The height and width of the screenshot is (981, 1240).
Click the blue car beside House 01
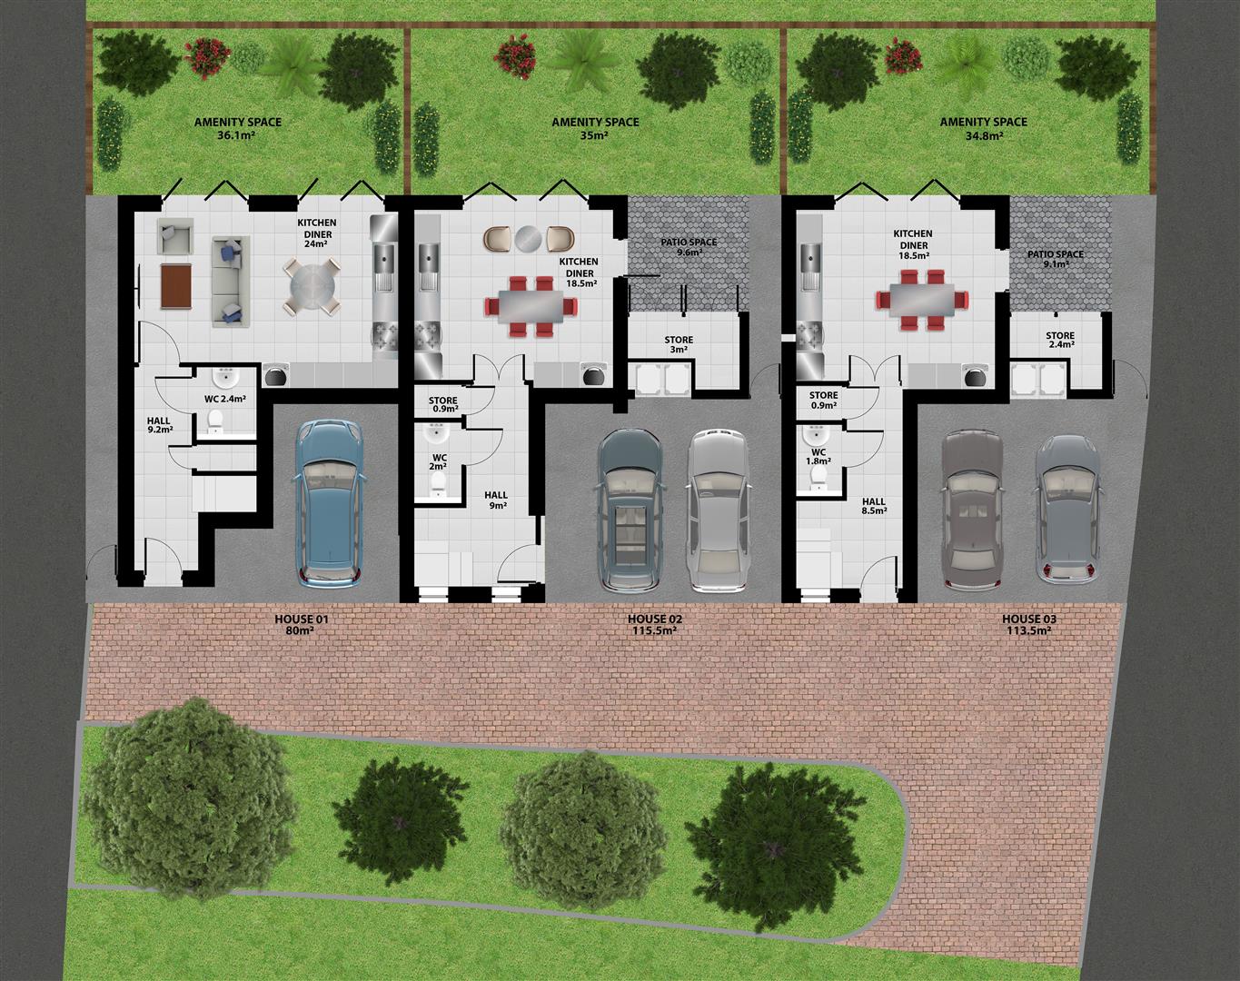tap(330, 501)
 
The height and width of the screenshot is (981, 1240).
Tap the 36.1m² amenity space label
tap(237, 128)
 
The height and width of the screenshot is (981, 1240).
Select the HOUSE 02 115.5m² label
tap(655, 625)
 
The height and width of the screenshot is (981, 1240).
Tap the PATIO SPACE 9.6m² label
tap(689, 247)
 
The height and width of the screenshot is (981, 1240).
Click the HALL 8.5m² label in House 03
tap(873, 506)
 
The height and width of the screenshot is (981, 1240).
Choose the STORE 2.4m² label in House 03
tap(1059, 340)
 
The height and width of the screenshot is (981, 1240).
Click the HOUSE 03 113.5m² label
tap(1029, 625)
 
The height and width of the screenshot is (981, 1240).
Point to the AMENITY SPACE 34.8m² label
tap(983, 128)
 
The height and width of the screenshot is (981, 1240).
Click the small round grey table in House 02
tap(527, 238)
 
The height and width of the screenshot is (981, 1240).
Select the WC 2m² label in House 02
tap(440, 461)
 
